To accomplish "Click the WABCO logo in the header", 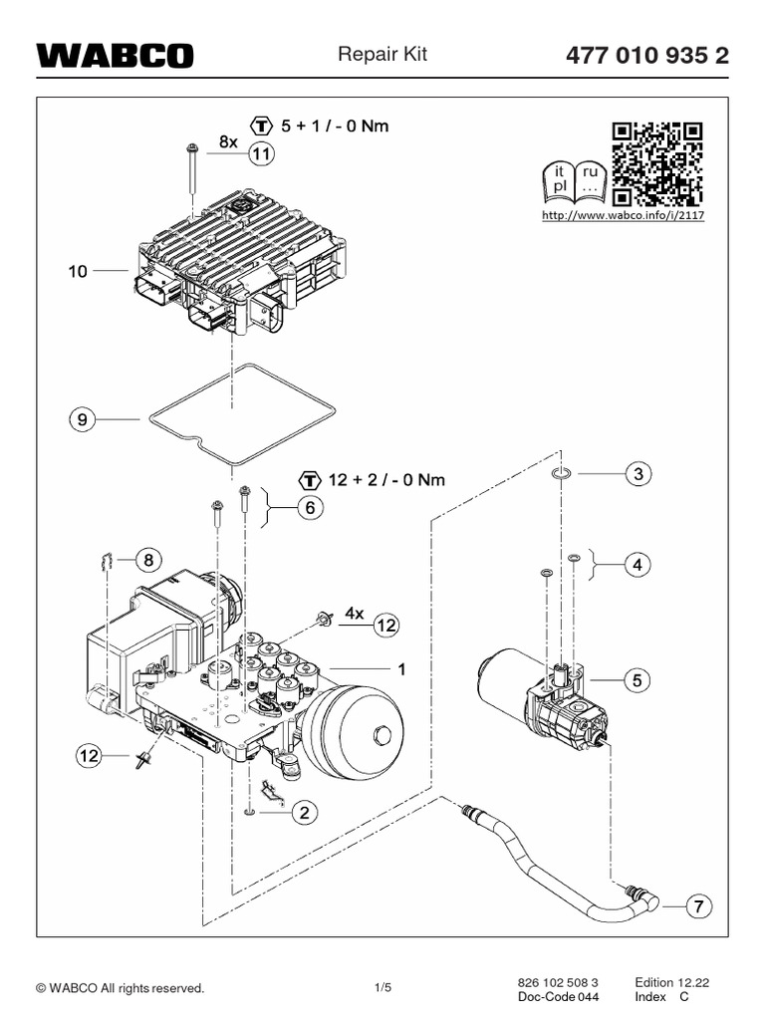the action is (116, 56).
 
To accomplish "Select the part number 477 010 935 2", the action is (647, 56).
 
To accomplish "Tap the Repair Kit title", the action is (382, 54).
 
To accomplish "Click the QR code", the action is (657, 164).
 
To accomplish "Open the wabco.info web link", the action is (624, 215).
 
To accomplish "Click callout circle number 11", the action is (261, 154).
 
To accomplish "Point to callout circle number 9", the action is (82, 419).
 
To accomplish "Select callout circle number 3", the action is (638, 473).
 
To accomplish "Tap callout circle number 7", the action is (698, 906).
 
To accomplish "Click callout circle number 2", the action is (305, 812).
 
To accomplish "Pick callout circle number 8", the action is (149, 560).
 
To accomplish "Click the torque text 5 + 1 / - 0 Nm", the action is (335, 126).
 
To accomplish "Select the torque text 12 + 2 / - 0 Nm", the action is (386, 480).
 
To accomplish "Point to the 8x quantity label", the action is (228, 141).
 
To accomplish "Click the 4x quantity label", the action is (354, 613).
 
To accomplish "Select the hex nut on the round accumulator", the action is (382, 735).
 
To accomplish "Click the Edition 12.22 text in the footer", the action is (672, 982).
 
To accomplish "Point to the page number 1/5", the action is (383, 987).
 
